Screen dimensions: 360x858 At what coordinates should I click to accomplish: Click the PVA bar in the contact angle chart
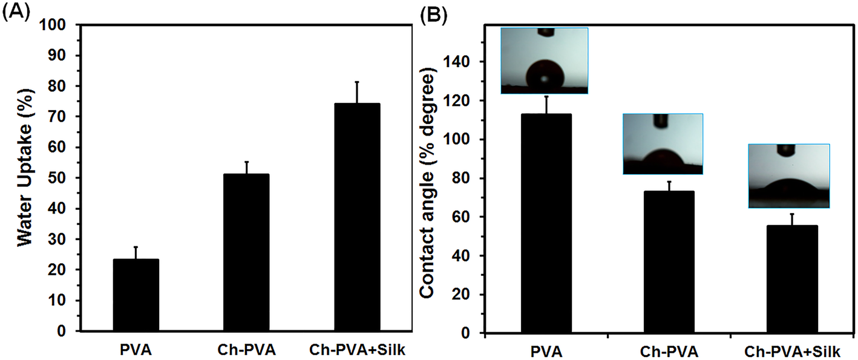pyautogui.click(x=546, y=224)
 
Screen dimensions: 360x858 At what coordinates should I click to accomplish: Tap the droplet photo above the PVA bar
pyautogui.click(x=544, y=61)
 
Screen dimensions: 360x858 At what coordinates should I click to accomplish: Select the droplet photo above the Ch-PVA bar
pyautogui.click(x=663, y=144)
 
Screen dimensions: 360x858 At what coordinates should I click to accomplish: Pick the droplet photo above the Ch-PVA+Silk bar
pyautogui.click(x=788, y=176)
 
